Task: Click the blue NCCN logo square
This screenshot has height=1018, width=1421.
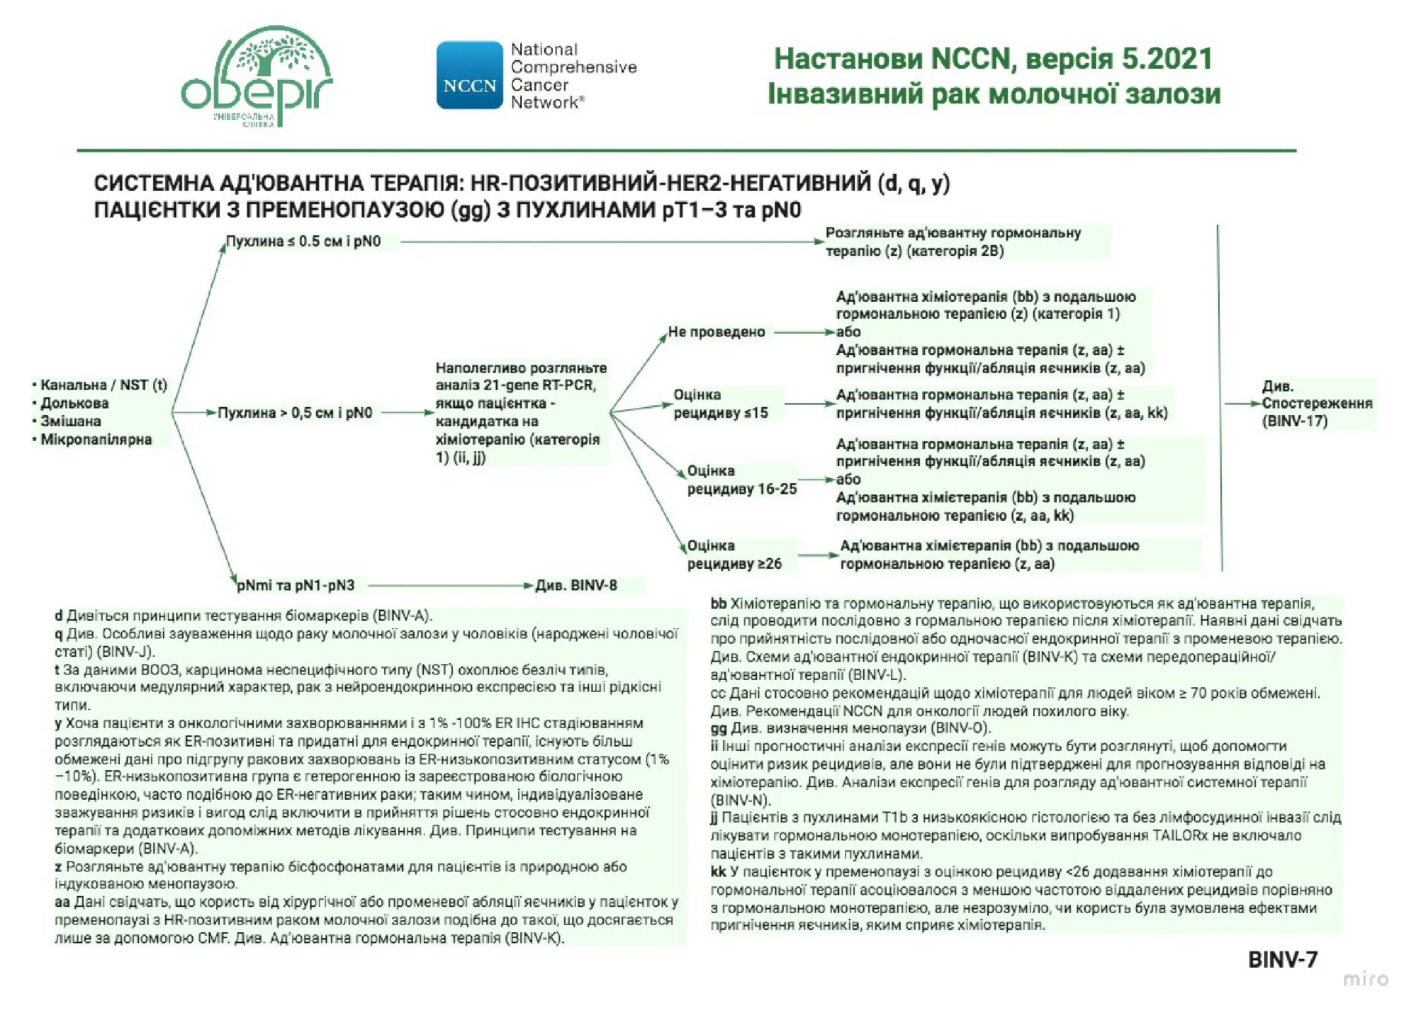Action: click(469, 75)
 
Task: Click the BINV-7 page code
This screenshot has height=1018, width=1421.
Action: click(1282, 960)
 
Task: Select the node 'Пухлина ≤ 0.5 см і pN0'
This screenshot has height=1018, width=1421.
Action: click(303, 241)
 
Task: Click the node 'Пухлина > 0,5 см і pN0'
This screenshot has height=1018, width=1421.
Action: click(295, 413)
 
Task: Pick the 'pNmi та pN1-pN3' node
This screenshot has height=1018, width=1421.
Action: click(295, 585)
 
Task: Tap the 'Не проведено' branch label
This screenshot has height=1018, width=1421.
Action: click(716, 331)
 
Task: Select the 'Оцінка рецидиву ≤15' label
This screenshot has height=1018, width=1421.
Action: click(720, 404)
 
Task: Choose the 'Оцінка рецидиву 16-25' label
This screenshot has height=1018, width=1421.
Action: click(741, 479)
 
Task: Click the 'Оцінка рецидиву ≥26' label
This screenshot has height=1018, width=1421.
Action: click(733, 555)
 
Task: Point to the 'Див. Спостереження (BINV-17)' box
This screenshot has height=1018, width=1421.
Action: click(1316, 403)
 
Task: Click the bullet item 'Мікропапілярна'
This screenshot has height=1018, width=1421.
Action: click(95, 439)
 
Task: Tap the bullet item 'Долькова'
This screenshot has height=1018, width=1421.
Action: click(74, 403)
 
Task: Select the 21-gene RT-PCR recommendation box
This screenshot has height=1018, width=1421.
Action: click(520, 412)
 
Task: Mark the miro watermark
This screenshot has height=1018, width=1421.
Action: click(1365, 979)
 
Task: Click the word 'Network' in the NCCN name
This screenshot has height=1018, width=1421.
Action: click(544, 103)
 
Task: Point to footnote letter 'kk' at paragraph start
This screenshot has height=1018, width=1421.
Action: click(718, 872)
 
